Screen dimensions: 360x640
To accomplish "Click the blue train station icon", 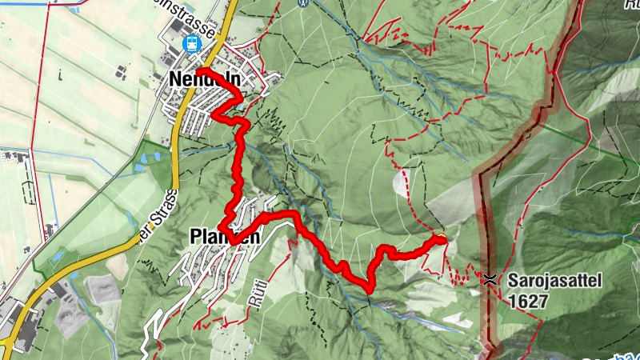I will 191,43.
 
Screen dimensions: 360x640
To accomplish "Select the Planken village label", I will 224,237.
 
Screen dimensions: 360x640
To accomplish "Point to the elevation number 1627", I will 526,301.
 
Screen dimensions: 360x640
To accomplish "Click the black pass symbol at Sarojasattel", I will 489,279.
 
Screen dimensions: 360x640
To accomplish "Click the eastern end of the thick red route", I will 441,238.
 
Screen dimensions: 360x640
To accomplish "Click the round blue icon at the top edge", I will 302,2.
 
